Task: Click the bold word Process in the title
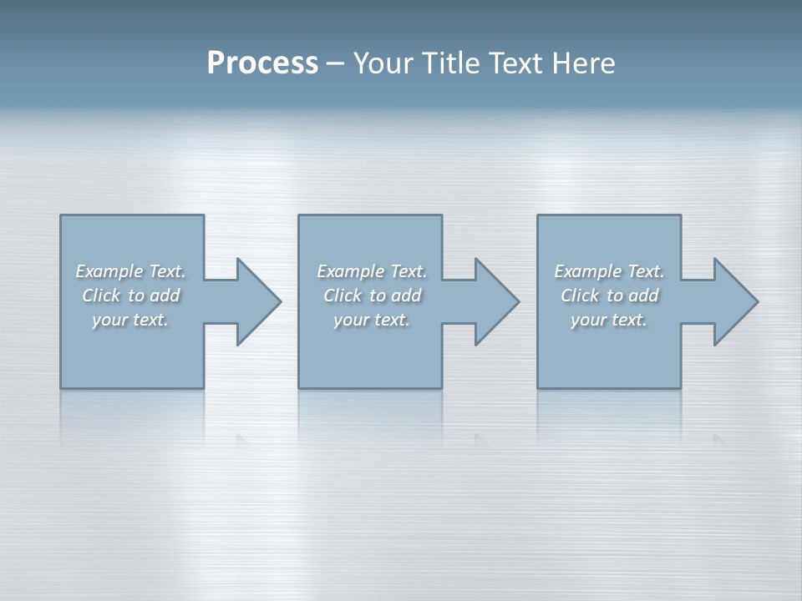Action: click(x=262, y=63)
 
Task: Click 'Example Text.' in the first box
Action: click(x=130, y=271)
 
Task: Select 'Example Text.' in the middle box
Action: click(x=372, y=271)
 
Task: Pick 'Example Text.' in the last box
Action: click(x=609, y=271)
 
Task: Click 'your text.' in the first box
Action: click(x=130, y=320)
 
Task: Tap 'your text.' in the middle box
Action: click(x=372, y=320)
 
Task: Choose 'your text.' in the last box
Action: click(x=609, y=320)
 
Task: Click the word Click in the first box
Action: click(x=101, y=295)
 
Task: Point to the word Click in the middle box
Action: click(x=343, y=295)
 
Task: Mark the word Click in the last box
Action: click(x=580, y=295)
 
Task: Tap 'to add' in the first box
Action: click(x=155, y=295)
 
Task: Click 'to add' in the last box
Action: click(x=633, y=295)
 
